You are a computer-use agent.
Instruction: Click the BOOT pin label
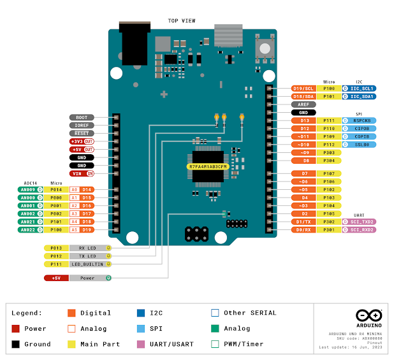point(82,117)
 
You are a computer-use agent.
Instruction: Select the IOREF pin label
point(82,126)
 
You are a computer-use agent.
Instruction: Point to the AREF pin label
point(303,104)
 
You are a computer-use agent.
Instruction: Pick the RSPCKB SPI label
point(361,120)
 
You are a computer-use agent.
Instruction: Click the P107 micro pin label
point(328,173)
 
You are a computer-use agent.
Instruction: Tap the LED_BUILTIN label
point(89,263)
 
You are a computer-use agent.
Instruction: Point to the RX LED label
point(89,248)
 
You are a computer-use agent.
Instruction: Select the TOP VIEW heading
point(182,20)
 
